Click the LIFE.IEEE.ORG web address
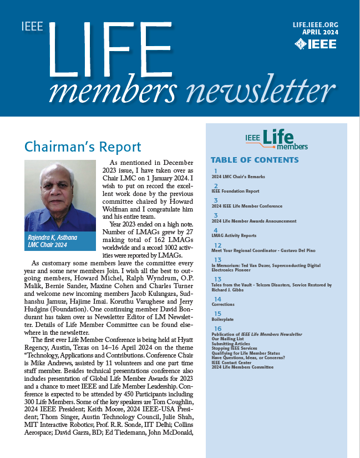[315, 25]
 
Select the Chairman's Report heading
[83, 147]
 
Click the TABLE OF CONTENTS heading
[255, 160]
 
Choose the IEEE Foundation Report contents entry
[235, 191]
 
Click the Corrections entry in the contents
[223, 304]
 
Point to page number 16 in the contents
[218, 329]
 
